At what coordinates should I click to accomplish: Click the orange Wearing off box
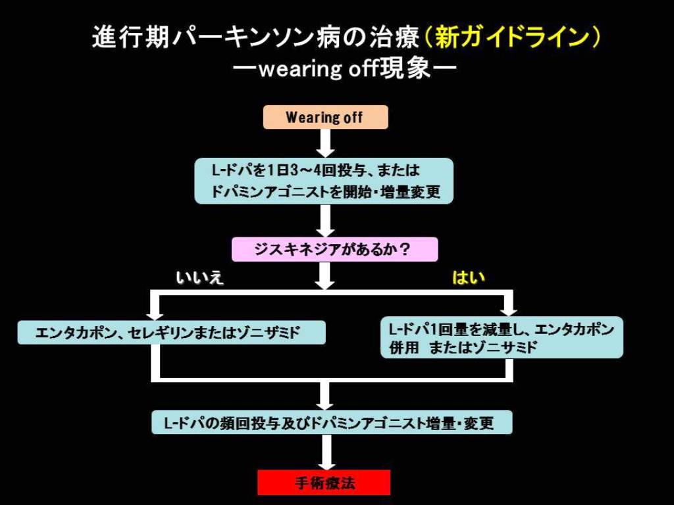click(x=325, y=118)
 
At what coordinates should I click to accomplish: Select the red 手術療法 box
click(x=324, y=483)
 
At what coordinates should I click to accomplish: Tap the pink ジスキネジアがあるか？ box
click(x=334, y=250)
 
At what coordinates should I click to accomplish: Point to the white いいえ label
click(x=199, y=277)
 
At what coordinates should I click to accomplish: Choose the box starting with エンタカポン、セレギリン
click(x=171, y=333)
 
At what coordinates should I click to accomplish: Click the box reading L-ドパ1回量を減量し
click(x=502, y=338)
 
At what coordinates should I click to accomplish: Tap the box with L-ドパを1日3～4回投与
click(x=324, y=181)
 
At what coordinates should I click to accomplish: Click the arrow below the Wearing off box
click(x=325, y=143)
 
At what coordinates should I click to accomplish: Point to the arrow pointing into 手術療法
click(x=325, y=453)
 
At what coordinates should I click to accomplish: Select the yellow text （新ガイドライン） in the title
click(x=512, y=37)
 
